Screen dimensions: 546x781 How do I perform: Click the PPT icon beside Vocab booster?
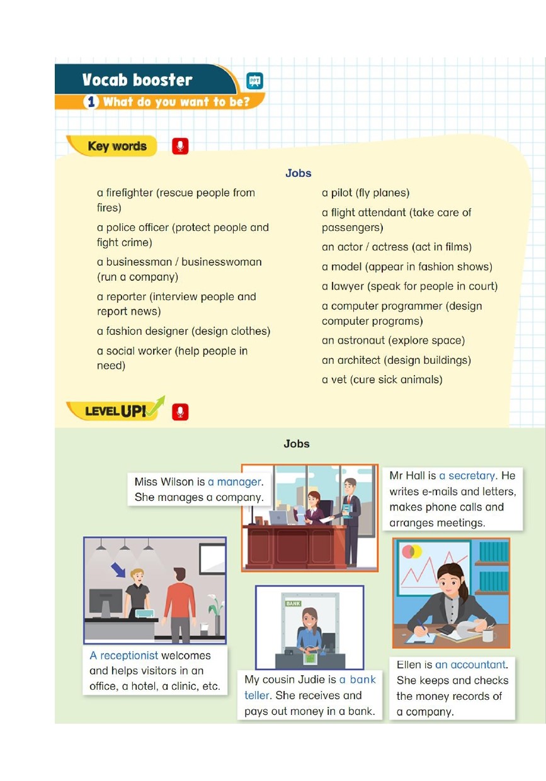tap(254, 81)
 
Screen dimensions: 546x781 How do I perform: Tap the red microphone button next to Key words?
tap(180, 146)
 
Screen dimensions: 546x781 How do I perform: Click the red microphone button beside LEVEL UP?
tap(180, 412)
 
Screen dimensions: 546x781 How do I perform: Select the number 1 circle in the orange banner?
tap(91, 102)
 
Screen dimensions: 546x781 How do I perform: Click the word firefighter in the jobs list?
tap(130, 193)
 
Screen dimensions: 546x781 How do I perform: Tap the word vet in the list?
tap(339, 379)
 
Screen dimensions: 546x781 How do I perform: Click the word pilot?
tap(341, 193)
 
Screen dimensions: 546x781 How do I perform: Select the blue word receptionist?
tap(129, 656)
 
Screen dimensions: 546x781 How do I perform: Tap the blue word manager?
tap(239, 482)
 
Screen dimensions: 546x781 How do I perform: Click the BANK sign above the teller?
tap(293, 604)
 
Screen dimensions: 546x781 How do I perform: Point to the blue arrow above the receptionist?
tap(118, 570)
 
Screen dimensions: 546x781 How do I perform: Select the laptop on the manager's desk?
tap(278, 518)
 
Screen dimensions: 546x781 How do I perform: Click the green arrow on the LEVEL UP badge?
tap(156, 406)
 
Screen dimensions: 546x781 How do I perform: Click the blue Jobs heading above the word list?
tap(299, 173)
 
